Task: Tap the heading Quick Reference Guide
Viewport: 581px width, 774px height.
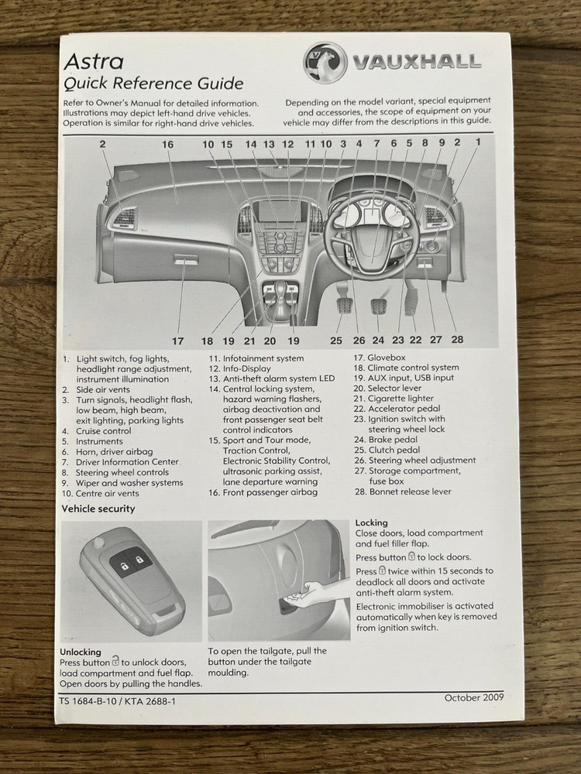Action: click(153, 84)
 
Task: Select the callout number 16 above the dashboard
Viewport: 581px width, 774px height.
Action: click(167, 144)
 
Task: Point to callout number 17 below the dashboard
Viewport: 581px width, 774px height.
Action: click(177, 341)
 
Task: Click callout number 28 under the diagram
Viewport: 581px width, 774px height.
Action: click(456, 340)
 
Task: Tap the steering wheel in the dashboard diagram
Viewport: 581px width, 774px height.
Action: click(373, 231)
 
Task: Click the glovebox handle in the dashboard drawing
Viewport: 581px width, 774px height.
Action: click(185, 262)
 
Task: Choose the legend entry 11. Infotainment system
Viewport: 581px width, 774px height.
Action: click(256, 358)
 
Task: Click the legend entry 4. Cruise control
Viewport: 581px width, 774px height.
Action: click(97, 431)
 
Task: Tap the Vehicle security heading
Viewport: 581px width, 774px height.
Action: click(98, 509)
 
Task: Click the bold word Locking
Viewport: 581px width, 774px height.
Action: click(371, 522)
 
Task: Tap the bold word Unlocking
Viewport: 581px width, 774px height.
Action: click(81, 652)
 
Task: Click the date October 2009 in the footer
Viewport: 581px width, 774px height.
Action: click(473, 697)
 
